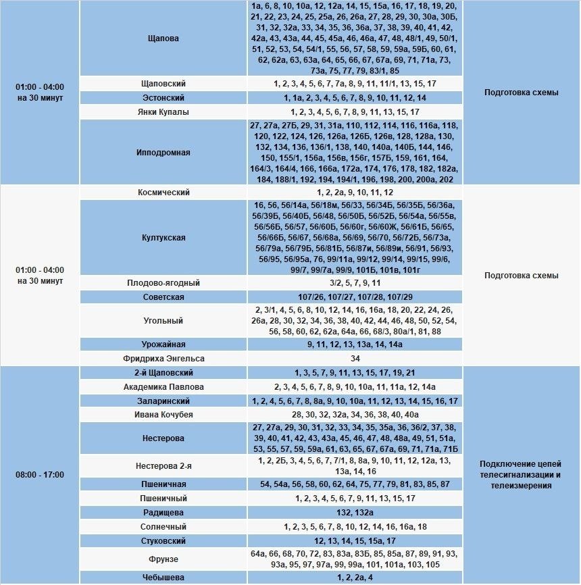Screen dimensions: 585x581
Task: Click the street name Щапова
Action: coord(163,39)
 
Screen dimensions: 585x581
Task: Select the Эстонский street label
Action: coord(163,98)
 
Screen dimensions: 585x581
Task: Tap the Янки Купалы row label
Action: coord(163,112)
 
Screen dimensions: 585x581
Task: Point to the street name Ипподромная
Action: coord(163,153)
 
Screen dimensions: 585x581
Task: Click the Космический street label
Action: coord(163,193)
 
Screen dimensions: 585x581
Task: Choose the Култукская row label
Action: coord(163,238)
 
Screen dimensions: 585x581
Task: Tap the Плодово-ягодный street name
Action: coord(163,283)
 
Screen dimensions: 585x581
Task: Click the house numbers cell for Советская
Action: coord(355,297)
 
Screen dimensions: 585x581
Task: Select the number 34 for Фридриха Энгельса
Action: coord(355,359)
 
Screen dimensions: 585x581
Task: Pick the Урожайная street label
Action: coord(163,345)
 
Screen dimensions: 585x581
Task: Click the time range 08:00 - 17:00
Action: coord(40,475)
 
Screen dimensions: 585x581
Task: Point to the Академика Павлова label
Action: coord(163,387)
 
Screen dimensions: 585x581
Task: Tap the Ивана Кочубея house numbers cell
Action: coord(355,415)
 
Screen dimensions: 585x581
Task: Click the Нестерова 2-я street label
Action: coord(163,465)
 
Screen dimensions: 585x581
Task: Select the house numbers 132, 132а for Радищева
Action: coord(355,513)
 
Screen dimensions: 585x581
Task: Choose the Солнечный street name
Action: coord(163,527)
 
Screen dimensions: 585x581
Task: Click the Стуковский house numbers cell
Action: coord(355,541)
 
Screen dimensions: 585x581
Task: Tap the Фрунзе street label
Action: coord(163,559)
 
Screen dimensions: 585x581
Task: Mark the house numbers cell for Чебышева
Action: coord(355,578)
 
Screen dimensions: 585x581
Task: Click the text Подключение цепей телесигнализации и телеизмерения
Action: coord(520,475)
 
